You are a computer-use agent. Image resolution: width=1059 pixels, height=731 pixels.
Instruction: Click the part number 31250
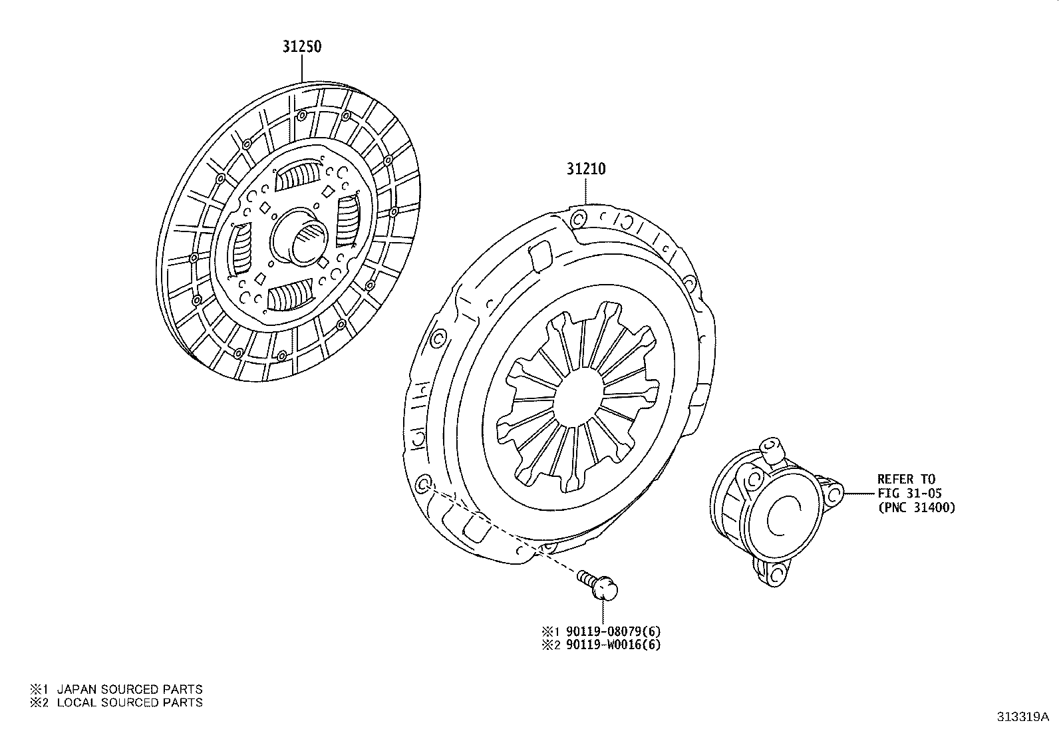(x=302, y=47)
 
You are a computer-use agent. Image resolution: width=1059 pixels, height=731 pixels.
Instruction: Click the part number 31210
(x=585, y=169)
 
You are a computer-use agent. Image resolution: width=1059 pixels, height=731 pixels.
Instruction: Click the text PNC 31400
(x=916, y=508)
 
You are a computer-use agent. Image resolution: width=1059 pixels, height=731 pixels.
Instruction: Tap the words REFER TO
(x=905, y=479)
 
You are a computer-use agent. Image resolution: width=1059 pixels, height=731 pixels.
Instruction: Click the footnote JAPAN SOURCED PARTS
(x=129, y=690)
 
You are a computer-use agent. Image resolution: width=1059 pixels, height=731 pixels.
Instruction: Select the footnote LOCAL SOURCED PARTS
(x=129, y=702)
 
